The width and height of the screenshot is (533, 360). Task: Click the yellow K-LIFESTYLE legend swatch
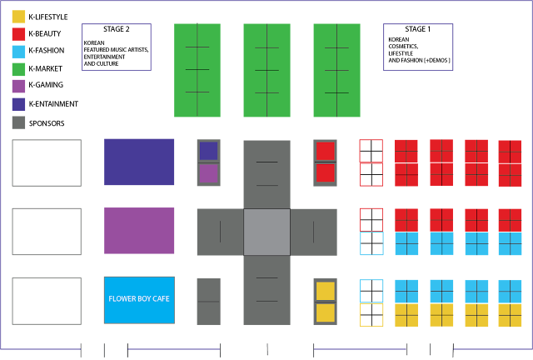(18, 17)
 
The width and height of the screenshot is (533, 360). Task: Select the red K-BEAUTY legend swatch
(18, 34)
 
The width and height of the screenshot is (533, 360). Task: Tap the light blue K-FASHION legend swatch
(18, 52)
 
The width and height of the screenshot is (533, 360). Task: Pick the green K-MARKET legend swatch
(18, 69)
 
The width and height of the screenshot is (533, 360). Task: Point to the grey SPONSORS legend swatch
(18, 122)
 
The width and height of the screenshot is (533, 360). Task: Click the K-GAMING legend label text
(46, 85)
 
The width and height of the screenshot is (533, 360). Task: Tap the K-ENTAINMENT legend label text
(53, 104)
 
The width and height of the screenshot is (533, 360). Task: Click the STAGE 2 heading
(117, 29)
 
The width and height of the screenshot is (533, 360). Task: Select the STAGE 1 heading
(418, 29)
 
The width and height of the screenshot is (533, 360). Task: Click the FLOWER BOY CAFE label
(139, 299)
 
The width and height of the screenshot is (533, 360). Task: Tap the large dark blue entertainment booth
(139, 162)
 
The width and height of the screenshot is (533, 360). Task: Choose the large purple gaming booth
(139, 231)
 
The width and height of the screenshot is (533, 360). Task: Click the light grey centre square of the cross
(266, 232)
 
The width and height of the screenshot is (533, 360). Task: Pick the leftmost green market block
(197, 70)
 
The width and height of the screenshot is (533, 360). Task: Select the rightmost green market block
(336, 70)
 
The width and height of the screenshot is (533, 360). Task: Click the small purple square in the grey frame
(208, 173)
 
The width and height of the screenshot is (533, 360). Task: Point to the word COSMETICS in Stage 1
(403, 47)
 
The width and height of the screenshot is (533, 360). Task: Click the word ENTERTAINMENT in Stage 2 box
(104, 57)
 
